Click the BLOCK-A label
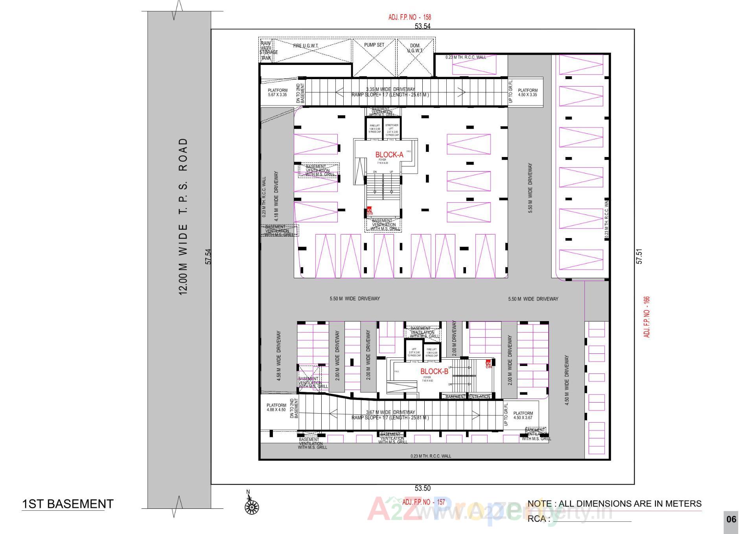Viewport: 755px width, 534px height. [x=389, y=155]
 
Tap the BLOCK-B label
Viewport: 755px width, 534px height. [x=434, y=371]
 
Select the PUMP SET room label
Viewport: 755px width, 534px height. [x=374, y=45]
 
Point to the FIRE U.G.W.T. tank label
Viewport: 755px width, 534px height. [x=306, y=46]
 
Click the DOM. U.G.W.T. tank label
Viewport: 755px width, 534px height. [x=415, y=48]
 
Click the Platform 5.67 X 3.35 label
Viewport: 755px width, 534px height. [x=278, y=92]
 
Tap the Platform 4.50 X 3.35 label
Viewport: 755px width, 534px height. [x=527, y=92]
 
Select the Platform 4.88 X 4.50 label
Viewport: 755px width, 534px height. [x=276, y=407]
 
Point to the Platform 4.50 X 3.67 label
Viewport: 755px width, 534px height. [x=523, y=416]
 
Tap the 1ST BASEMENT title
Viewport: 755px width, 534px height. [x=68, y=504]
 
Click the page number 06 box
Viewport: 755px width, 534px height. [x=731, y=519]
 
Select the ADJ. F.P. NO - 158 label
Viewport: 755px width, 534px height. [x=409, y=17]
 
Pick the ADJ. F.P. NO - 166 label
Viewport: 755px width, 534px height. [x=647, y=317]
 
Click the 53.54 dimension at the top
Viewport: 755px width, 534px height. [x=423, y=26]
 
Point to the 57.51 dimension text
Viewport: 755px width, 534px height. [x=639, y=256]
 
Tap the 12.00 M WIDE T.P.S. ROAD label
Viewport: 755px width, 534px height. [x=183, y=216]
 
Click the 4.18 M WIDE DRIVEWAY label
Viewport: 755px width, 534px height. [x=276, y=196]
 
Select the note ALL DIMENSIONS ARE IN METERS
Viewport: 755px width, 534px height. [x=614, y=504]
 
